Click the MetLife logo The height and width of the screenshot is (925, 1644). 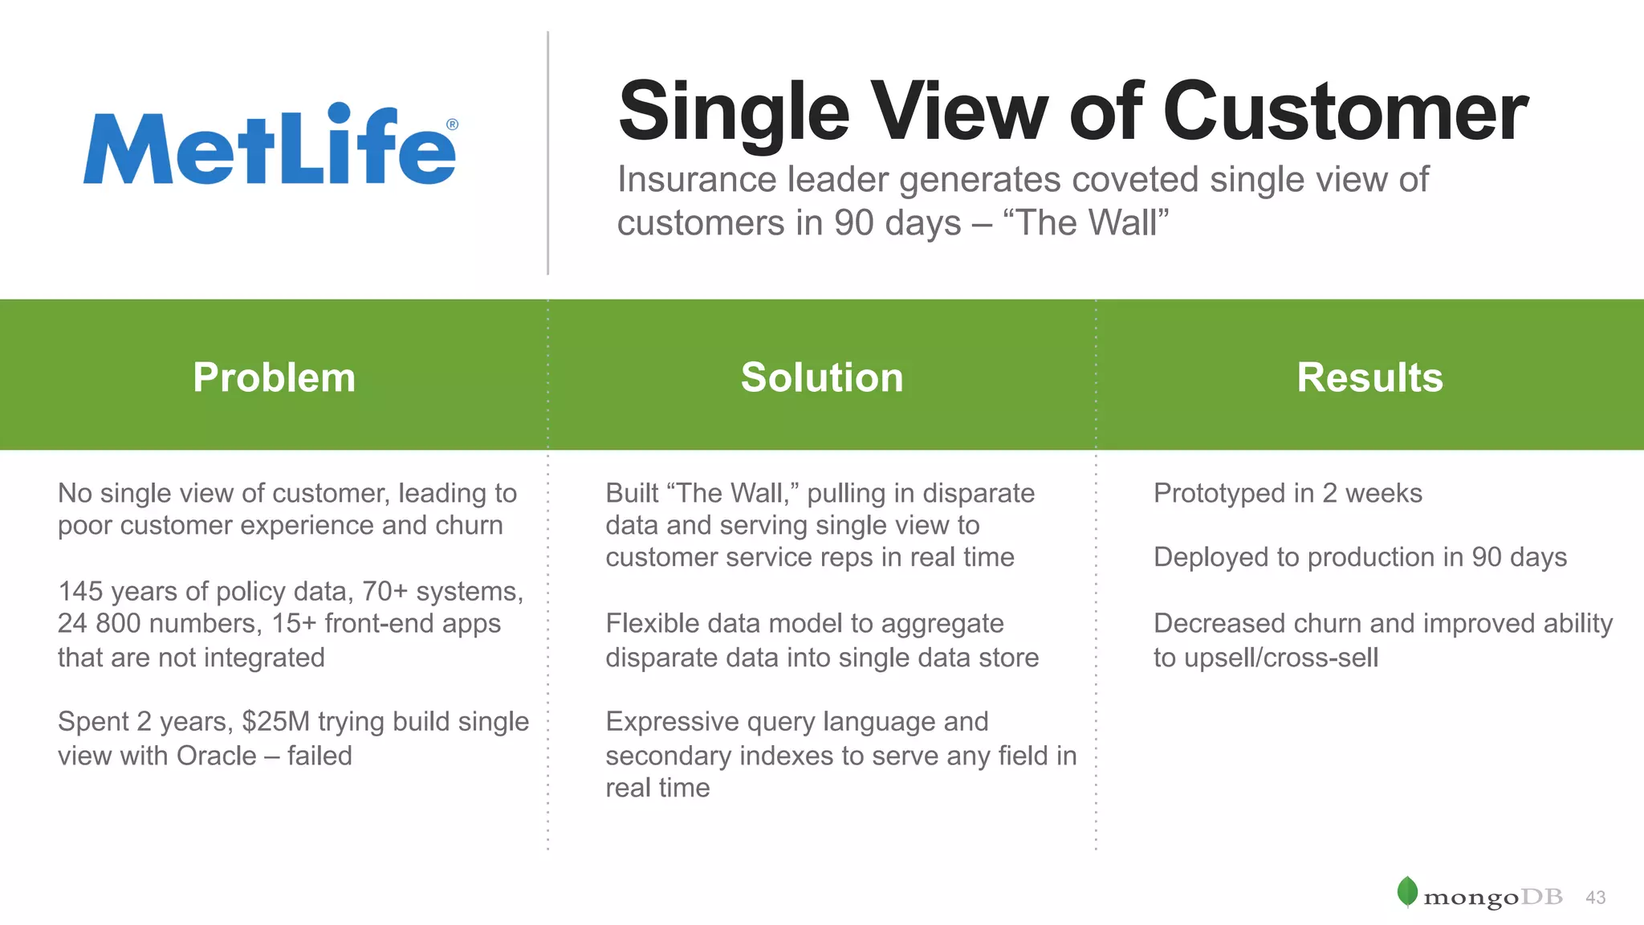pos(270,146)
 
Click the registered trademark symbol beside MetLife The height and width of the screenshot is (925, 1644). pos(452,124)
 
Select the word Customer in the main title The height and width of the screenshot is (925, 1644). pos(1345,112)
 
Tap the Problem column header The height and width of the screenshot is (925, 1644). pos(274,377)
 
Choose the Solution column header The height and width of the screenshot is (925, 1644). pos(822,377)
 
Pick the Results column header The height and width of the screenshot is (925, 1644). pos(1369,377)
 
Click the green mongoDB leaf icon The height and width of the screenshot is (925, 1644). pos(1407,891)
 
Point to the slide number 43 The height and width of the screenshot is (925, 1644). pos(1595,898)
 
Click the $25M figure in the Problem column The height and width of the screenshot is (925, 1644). pos(275,722)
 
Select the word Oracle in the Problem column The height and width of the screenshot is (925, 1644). pos(216,756)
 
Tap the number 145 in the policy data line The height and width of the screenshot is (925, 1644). pos(80,592)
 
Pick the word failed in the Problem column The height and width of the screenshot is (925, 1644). pos(319,756)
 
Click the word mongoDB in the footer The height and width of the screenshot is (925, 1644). pos(1492,898)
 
